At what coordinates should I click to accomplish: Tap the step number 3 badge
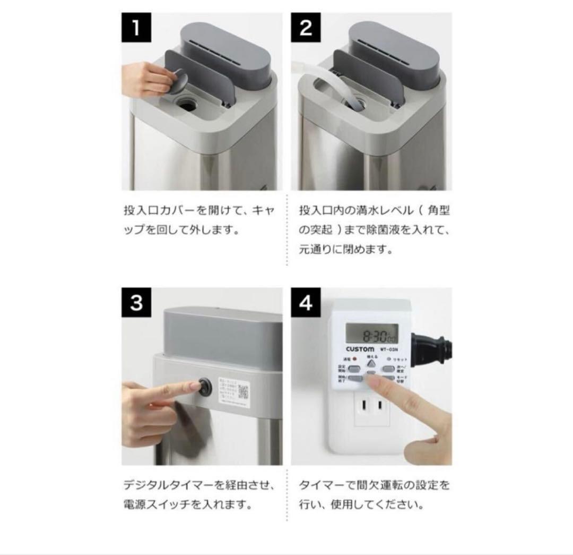tap(136, 303)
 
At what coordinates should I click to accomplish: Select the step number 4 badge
tap(306, 303)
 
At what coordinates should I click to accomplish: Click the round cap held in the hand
tap(180, 83)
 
